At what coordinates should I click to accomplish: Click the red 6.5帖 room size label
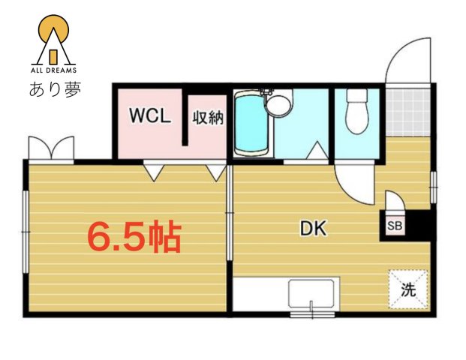pyautogui.click(x=134, y=237)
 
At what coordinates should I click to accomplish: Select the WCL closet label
pyautogui.click(x=150, y=117)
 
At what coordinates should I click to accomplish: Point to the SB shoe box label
pyautogui.click(x=394, y=225)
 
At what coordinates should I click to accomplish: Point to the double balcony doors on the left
pyautogui.click(x=51, y=148)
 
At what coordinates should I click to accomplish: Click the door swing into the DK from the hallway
pyautogui.click(x=354, y=184)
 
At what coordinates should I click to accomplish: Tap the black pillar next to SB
pyautogui.click(x=417, y=224)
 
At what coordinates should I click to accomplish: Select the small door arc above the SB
pyautogui.click(x=395, y=202)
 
